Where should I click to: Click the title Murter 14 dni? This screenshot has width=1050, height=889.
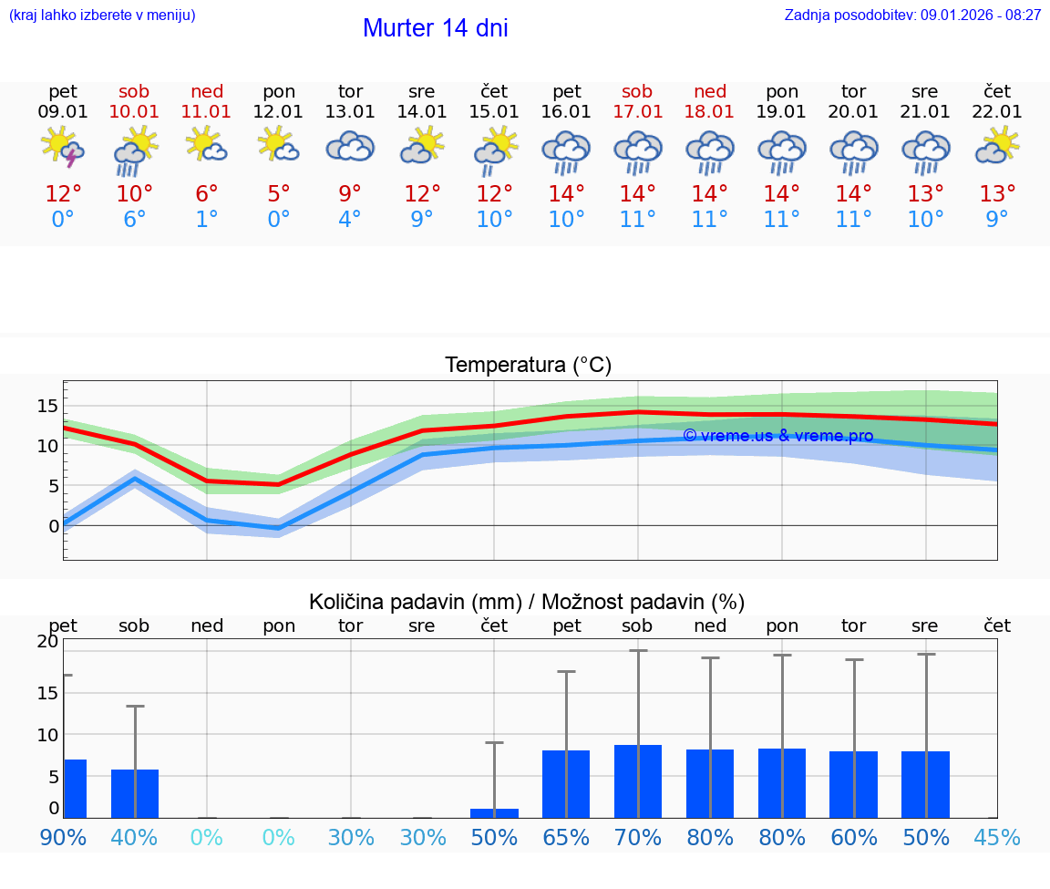tap(435, 28)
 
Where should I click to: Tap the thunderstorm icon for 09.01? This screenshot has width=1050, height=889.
tap(63, 148)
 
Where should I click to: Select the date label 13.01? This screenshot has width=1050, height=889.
tap(350, 112)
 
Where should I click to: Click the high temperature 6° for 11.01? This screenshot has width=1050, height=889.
tap(207, 194)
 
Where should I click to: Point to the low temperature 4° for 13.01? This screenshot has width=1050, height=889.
tap(350, 220)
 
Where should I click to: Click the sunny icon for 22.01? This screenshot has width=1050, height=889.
tap(997, 146)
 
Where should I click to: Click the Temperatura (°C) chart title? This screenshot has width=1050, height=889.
tap(528, 366)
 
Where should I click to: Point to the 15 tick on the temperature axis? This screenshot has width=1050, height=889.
tap(47, 406)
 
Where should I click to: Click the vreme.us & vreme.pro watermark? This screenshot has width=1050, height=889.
tap(777, 436)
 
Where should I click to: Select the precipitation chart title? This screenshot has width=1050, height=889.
tap(527, 602)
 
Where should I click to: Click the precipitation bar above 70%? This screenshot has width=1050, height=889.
tap(637, 781)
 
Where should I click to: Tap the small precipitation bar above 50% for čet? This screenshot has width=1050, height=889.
tap(494, 812)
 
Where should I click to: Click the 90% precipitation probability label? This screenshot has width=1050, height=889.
tap(63, 838)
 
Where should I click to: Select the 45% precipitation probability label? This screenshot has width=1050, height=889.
tap(997, 838)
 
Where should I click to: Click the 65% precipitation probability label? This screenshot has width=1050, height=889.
tap(566, 838)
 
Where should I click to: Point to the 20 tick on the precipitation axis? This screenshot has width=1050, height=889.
tap(47, 641)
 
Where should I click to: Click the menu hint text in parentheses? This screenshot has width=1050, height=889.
tap(102, 16)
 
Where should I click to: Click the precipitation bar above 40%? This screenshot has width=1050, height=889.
tap(135, 793)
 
